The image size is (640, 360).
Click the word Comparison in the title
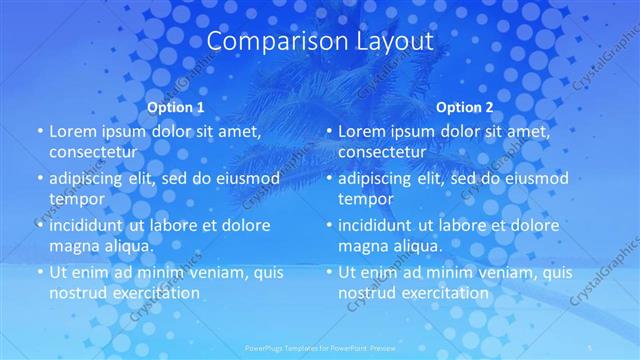click(265, 41)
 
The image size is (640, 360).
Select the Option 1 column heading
click(176, 107)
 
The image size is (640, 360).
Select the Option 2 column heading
click(465, 107)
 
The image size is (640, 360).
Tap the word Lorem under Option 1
click(73, 131)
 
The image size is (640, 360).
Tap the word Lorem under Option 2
click(362, 131)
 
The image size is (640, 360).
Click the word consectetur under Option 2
click(382, 151)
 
